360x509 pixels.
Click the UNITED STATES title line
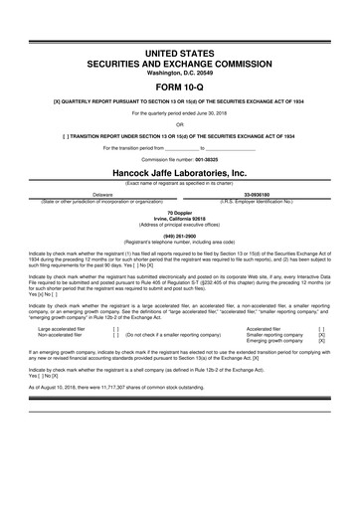pos(180,50)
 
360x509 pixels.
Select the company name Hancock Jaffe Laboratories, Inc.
pos(180,171)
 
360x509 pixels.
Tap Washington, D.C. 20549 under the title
pos(180,73)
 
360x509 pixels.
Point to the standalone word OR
pos(180,124)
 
